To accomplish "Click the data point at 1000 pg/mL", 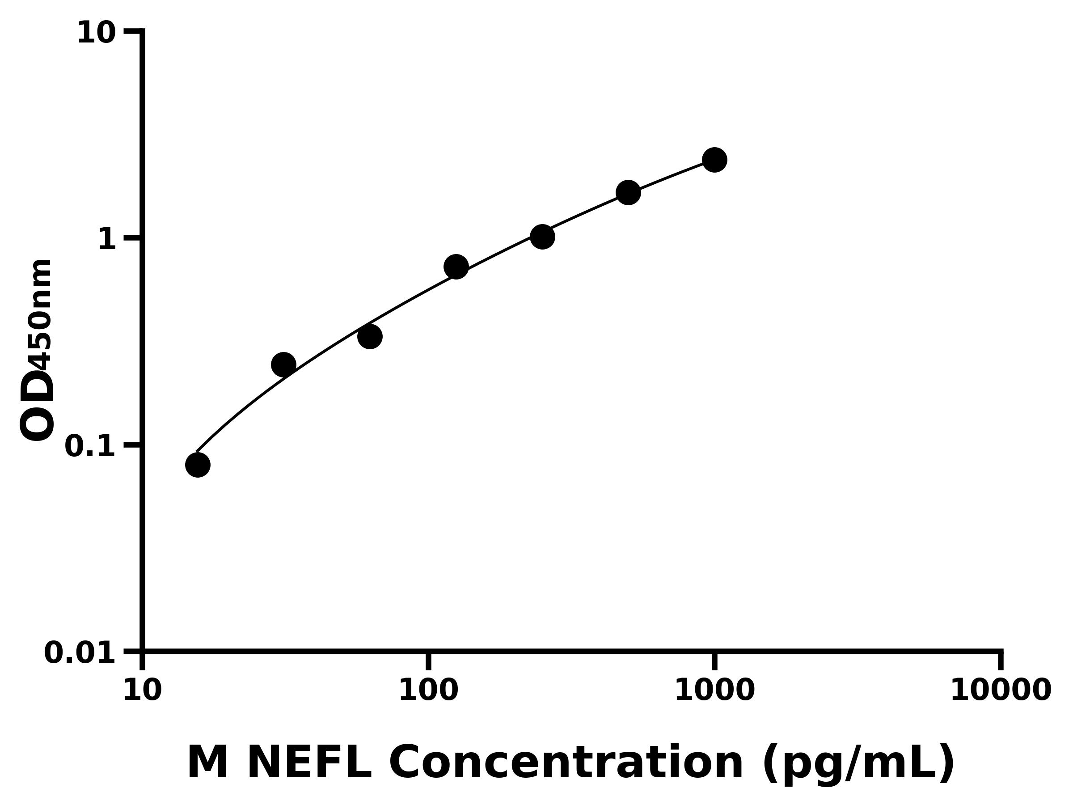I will [714, 160].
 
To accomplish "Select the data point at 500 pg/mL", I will [628, 193].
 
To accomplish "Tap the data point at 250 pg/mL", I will [542, 237].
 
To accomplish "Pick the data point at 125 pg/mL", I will [456, 267].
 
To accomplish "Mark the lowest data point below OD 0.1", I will [198, 465].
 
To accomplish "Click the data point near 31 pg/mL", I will [284, 364].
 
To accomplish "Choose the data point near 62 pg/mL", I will [370, 337].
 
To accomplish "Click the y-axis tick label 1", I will [107, 240].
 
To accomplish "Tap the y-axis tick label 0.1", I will [90, 446].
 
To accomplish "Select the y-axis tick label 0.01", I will [80, 653].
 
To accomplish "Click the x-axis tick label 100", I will [428, 691].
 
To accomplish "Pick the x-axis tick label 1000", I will [714, 691].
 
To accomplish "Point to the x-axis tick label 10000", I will [1000, 691].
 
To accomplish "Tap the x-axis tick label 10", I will [142, 691].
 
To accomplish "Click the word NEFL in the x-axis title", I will [308, 763].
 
